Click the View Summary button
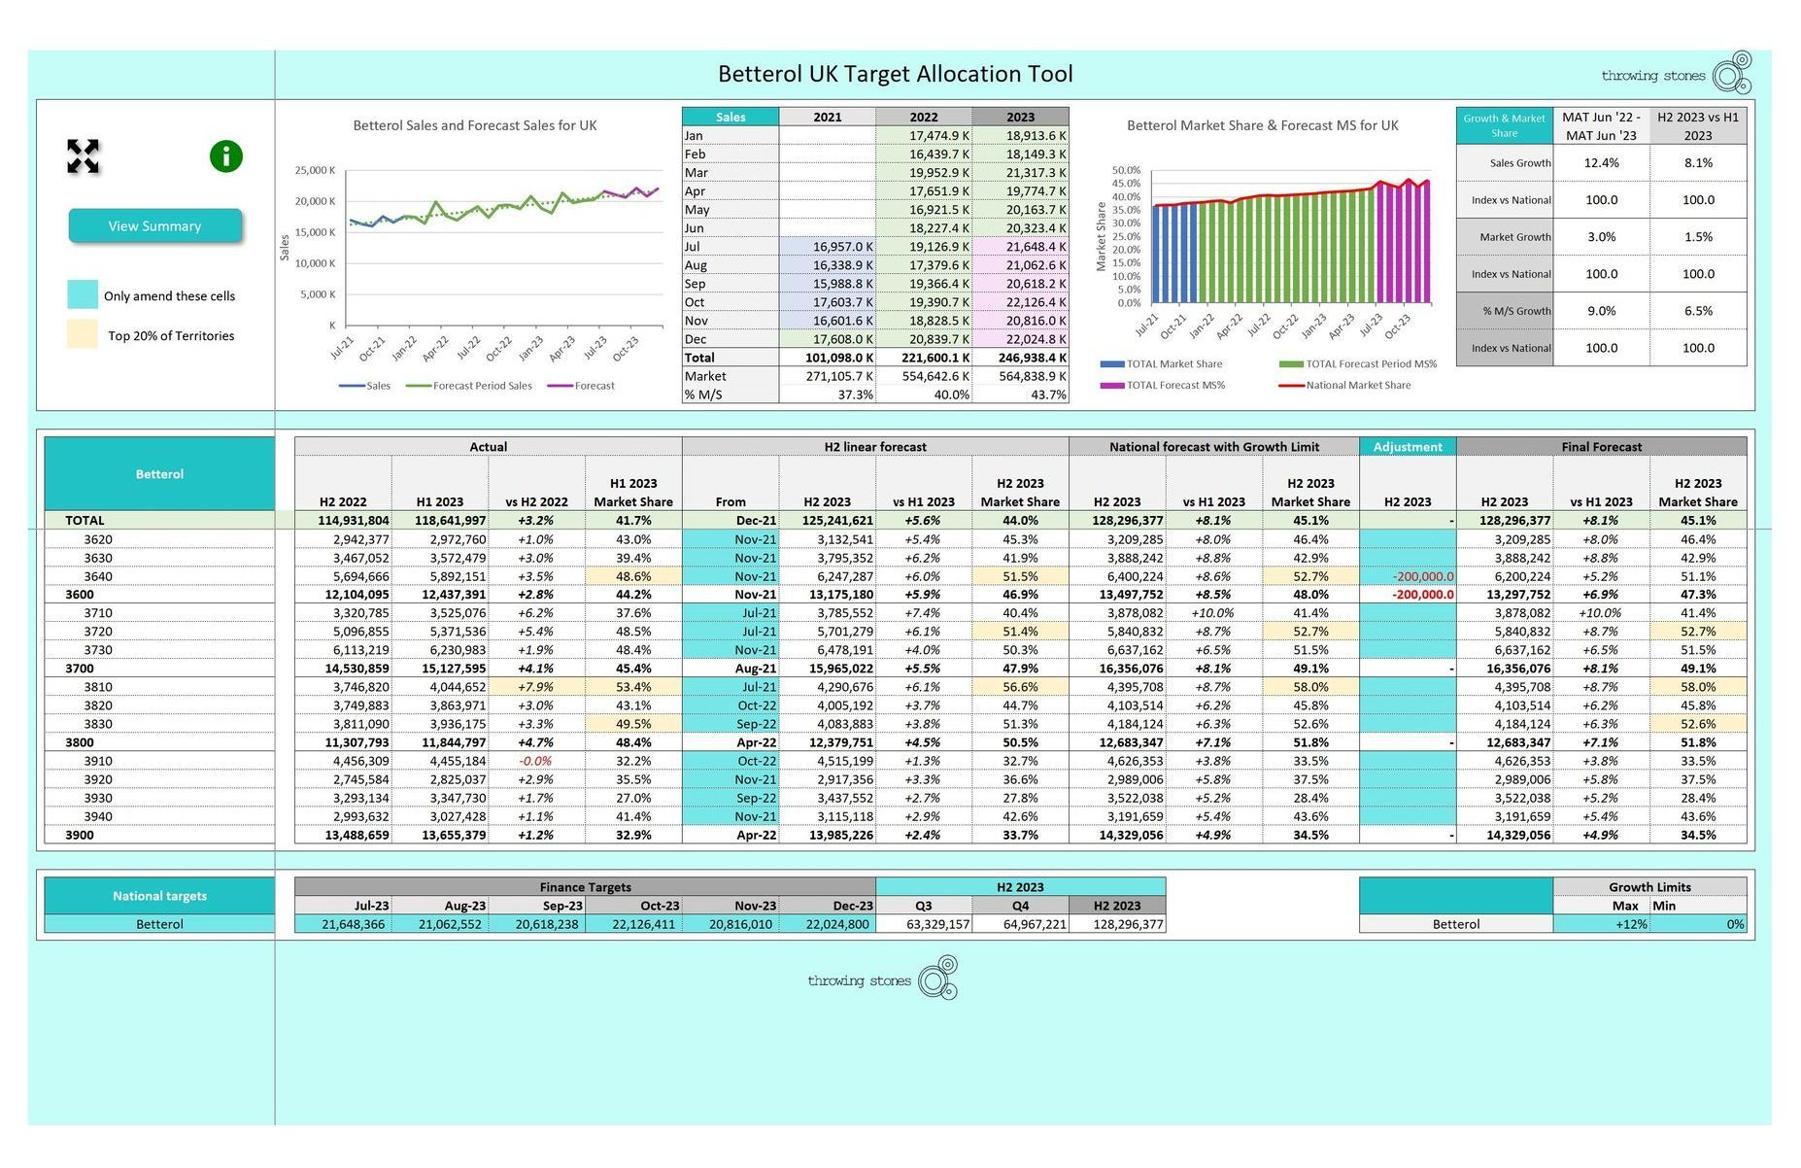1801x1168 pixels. coord(154,225)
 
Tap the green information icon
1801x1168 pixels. coord(225,156)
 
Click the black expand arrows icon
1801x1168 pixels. coord(84,156)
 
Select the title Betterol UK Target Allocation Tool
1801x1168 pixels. coord(895,74)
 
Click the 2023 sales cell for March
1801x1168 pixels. coord(1020,173)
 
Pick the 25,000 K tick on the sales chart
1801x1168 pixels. coord(315,170)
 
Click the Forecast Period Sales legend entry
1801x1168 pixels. coord(469,386)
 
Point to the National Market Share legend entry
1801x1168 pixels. coord(1345,386)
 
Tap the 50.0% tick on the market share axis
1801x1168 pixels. coord(1127,170)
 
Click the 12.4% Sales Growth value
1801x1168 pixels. coord(1601,163)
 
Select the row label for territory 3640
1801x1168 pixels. coord(98,576)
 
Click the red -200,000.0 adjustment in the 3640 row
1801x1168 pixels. coord(1423,576)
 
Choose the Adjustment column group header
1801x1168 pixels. coord(1408,447)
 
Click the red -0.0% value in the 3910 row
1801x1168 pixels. coord(535,761)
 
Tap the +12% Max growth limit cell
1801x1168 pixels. coord(1601,924)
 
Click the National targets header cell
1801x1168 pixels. coord(159,896)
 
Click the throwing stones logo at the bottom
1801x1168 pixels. coord(883,979)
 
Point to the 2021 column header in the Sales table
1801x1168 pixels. coord(827,117)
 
